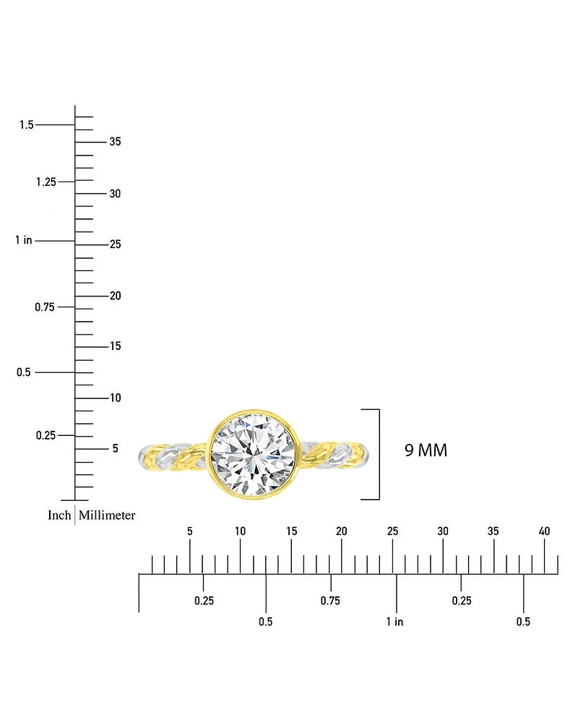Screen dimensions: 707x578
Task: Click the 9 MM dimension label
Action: point(426,450)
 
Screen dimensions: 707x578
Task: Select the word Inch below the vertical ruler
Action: point(59,515)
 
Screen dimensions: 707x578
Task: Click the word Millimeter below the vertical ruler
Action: point(107,515)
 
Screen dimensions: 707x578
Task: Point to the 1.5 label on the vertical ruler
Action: point(27,125)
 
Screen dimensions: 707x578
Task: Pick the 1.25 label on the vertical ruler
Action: point(46,181)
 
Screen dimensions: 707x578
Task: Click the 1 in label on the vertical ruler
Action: point(24,240)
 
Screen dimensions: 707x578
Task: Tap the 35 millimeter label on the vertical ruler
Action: point(115,142)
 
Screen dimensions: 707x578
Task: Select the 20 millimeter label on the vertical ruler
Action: point(115,296)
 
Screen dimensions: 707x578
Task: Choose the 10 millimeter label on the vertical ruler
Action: point(115,398)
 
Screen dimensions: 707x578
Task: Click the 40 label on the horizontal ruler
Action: point(544,531)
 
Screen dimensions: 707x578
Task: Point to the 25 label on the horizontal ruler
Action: point(392,531)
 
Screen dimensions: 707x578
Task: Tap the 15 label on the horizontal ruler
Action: point(291,531)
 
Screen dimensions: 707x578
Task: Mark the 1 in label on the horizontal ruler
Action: point(394,622)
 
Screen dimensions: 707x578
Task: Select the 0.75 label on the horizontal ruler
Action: point(330,601)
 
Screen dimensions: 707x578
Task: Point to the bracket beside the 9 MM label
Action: point(376,454)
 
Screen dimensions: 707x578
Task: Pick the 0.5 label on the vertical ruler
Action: point(24,372)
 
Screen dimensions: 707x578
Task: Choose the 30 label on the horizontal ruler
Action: point(443,531)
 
